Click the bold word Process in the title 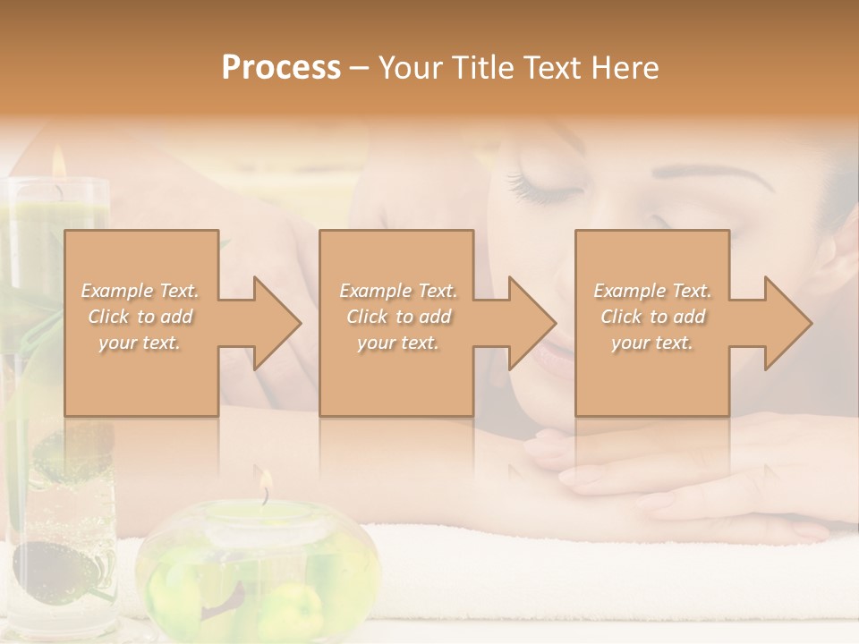click(x=281, y=68)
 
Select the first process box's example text click(x=140, y=317)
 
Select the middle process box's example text click(x=397, y=317)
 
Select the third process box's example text click(x=652, y=317)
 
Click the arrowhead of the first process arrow click(x=276, y=323)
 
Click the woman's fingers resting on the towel click(x=573, y=465)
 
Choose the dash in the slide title click(x=359, y=68)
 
